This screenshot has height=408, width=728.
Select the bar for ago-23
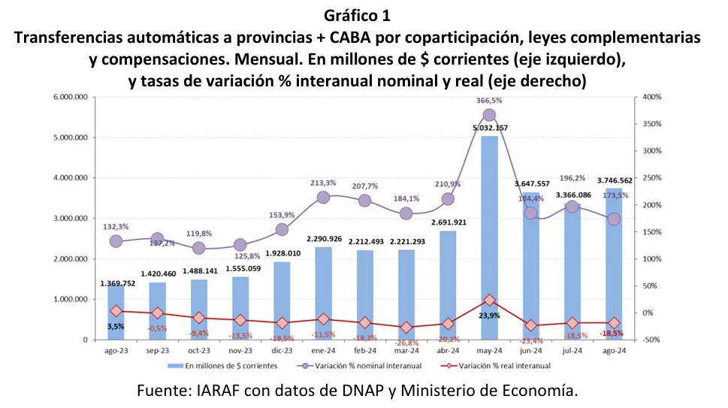click(x=116, y=312)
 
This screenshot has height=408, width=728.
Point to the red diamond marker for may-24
click(x=489, y=300)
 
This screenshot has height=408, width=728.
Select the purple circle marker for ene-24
click(x=323, y=197)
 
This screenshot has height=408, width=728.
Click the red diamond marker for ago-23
click(x=116, y=311)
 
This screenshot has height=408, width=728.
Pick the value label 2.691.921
click(x=448, y=222)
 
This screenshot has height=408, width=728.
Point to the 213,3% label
click(x=323, y=183)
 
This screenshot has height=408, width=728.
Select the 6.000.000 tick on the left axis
click(x=69, y=98)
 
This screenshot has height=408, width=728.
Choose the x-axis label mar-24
click(x=406, y=351)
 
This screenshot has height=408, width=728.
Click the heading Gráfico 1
click(x=364, y=15)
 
